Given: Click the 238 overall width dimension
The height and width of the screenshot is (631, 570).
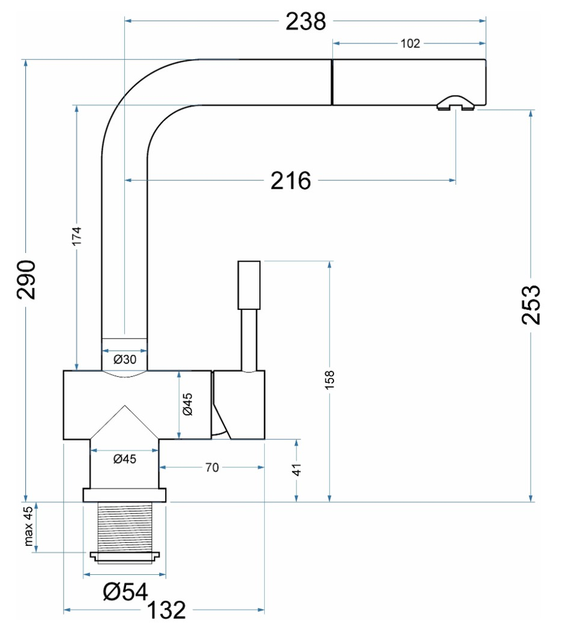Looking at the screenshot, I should pos(306,21).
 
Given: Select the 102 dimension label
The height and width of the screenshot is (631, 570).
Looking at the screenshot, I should pos(410,44).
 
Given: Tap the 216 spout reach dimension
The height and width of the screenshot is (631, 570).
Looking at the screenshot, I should pos(291,181).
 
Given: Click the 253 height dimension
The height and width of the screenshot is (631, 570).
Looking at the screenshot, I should pos(532,304).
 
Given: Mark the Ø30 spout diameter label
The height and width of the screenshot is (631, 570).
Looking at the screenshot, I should pos(125,360).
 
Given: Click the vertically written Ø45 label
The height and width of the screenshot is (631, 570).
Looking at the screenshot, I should pos(187,403).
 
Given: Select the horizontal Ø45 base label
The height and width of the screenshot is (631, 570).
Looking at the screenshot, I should pos(125,459).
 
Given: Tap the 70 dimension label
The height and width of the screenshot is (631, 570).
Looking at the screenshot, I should pos(212,468).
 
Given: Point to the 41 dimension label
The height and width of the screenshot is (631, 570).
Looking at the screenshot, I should pos(297,470).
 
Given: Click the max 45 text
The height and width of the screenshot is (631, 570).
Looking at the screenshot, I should pos(28,528).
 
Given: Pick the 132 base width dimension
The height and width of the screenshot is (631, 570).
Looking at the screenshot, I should pos(166,610).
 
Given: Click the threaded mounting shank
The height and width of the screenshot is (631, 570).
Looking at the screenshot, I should pos(125,526).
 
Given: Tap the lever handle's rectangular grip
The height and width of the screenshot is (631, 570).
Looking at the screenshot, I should pos(249,285).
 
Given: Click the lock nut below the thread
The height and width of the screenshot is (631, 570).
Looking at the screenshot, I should pos(125,557).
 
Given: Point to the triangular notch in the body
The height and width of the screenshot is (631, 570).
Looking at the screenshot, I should pos(125,423).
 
